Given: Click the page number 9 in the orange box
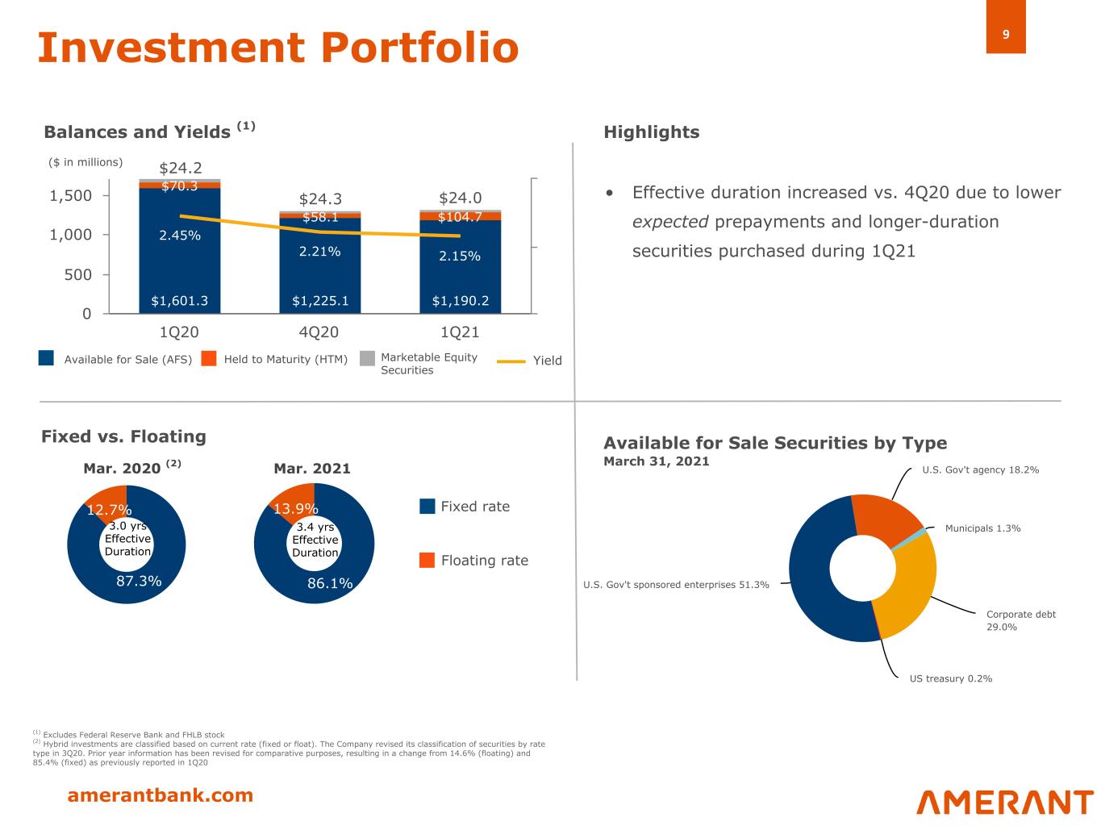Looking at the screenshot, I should pos(1006,35).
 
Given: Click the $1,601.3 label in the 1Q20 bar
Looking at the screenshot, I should pos(179,301).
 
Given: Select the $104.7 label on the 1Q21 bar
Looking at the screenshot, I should pos(460,216).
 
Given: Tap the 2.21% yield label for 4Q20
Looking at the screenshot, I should pos(319,252).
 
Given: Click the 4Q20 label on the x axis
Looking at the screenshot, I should pos(319,332).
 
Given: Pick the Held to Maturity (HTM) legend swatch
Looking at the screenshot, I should pos(210,359).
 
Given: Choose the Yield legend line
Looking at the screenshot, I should pos(511,361).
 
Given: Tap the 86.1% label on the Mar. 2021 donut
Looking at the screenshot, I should pos(330,583).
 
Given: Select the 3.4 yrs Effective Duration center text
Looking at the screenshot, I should pos(315,540).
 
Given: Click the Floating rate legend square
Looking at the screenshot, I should pos(427,561).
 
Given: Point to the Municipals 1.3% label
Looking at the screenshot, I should pos(982,528).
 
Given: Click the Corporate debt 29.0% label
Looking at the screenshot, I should pos(1020,620).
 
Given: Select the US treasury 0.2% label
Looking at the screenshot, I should pos(950,678).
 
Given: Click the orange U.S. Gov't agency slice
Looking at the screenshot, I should pos(886,516).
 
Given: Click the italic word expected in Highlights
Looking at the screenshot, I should pos(669,222).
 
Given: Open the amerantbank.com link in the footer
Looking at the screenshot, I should pos(160,795).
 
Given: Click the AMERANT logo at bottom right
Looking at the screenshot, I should pos(1004,802).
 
